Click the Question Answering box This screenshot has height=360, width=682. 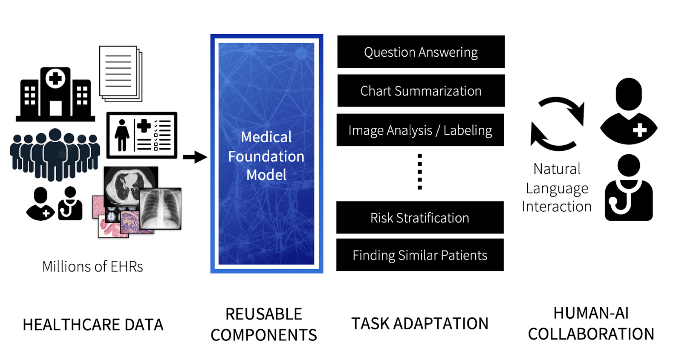[x=421, y=52]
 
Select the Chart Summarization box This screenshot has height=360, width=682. [x=421, y=91]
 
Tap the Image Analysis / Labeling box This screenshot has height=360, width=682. [x=420, y=130]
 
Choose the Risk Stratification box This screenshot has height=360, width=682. [x=420, y=218]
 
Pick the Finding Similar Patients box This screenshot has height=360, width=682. [x=420, y=255]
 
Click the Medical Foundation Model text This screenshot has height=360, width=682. [x=266, y=156]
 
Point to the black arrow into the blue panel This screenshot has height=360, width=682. [x=195, y=157]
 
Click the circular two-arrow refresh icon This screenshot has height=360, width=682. [x=557, y=124]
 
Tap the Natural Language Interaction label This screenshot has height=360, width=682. [x=557, y=188]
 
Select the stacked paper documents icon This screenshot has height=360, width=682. [x=121, y=74]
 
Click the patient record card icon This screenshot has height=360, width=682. [x=142, y=135]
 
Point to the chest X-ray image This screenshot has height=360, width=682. [x=161, y=208]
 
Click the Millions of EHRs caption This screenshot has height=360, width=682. [x=92, y=267]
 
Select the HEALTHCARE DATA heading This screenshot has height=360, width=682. [x=93, y=325]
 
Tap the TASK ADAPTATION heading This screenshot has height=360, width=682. [x=420, y=324]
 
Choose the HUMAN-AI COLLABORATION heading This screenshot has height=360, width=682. [x=591, y=323]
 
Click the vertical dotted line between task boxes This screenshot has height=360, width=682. [x=420, y=172]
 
